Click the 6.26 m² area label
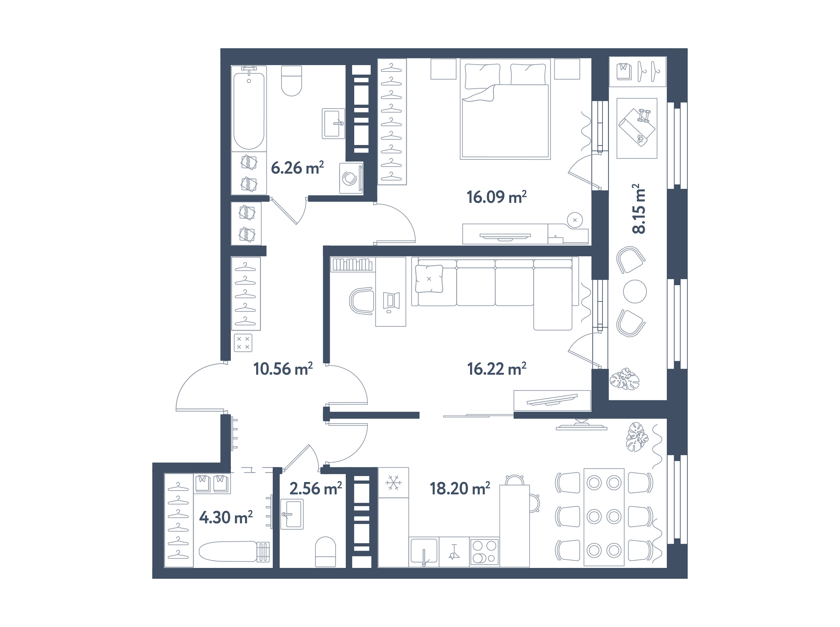coord(297,168)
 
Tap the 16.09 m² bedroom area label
coord(496,197)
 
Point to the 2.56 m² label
coord(315,489)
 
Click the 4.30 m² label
coord(226,517)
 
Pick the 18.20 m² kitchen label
coord(460,489)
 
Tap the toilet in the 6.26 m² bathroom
coord(291,81)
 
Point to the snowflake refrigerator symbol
coord(393,483)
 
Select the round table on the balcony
coord(635,291)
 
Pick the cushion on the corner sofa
coord(429,279)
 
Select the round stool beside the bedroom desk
coord(574,220)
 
